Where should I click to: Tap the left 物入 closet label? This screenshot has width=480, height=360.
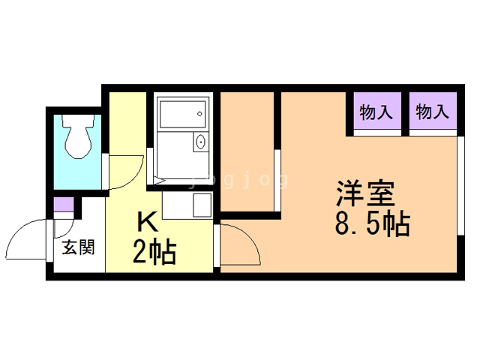(x=376, y=112)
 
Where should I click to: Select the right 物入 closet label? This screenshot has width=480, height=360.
(x=432, y=112)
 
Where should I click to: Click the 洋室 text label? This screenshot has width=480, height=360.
(x=366, y=193)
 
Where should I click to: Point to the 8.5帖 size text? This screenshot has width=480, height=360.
(x=373, y=223)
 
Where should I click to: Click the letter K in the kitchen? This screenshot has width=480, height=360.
(x=148, y=222)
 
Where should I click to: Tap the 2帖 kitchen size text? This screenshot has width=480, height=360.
(x=154, y=253)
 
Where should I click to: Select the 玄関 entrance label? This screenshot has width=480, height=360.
(x=79, y=247)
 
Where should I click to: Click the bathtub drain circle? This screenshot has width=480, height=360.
(x=199, y=114)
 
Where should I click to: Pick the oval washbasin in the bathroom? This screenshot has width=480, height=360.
(x=200, y=142)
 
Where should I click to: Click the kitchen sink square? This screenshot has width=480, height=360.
(x=202, y=205)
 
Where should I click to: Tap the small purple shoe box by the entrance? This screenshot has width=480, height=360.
(x=64, y=205)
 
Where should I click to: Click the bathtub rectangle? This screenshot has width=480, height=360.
(x=183, y=114)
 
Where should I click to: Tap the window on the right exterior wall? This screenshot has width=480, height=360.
(x=460, y=185)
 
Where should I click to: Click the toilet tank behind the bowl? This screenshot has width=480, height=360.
(x=78, y=121)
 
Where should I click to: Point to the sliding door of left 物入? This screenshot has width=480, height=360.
(x=377, y=133)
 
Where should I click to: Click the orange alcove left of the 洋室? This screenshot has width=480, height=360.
(x=247, y=151)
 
